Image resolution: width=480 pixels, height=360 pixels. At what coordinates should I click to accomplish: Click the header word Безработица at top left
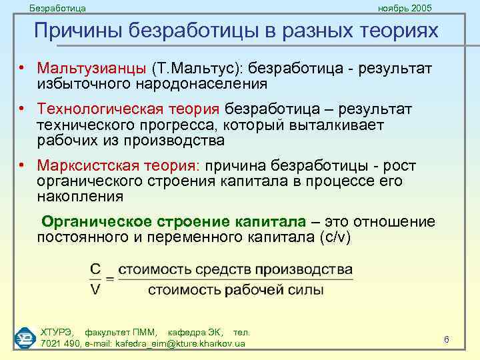(57, 8)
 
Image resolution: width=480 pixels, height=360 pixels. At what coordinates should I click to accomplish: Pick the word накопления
(80, 196)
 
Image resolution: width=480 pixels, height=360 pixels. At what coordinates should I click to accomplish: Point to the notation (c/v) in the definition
(337, 237)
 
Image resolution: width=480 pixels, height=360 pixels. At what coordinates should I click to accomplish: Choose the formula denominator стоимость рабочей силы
(235, 289)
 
